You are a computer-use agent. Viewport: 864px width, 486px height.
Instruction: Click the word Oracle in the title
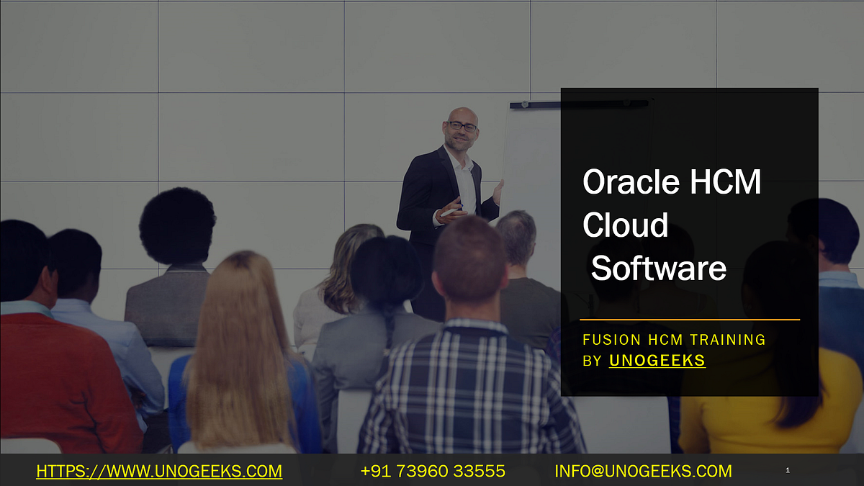tap(625, 183)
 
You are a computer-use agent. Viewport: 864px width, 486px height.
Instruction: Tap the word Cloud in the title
tap(625, 225)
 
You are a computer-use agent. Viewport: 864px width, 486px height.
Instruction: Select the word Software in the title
tap(658, 268)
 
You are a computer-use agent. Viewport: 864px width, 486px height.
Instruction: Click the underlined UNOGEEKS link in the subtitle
tap(657, 361)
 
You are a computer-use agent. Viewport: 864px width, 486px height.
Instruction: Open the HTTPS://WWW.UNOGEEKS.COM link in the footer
tap(158, 472)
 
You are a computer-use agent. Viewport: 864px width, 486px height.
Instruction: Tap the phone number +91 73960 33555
tap(432, 472)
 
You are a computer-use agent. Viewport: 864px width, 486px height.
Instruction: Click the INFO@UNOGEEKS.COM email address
tap(643, 472)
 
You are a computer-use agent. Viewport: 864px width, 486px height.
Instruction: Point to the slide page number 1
tap(788, 471)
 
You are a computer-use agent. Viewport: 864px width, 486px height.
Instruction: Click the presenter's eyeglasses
tap(462, 126)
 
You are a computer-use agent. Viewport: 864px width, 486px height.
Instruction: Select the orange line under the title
tap(689, 319)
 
